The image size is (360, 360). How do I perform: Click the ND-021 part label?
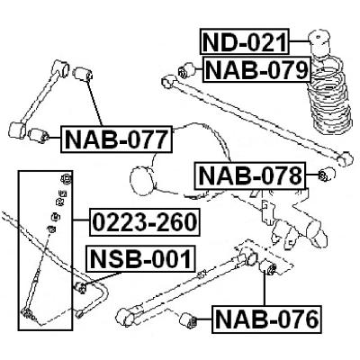(245, 41)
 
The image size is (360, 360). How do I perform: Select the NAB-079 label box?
(256, 69)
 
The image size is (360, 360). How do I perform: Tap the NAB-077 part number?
(117, 139)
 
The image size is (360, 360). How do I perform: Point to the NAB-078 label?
(250, 175)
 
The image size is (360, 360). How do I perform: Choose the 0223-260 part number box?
(145, 222)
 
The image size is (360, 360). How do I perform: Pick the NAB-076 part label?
(266, 319)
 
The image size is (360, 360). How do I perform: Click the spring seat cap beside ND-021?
(319, 41)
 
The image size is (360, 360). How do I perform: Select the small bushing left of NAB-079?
(186, 71)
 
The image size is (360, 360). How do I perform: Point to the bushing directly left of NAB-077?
(39, 136)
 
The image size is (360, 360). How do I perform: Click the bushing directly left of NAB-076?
(188, 320)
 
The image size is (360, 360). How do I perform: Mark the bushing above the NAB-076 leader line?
(268, 267)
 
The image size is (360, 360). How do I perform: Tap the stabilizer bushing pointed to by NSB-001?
(81, 287)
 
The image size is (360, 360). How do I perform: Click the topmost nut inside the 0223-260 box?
(67, 179)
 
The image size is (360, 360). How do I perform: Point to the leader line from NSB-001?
(103, 279)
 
